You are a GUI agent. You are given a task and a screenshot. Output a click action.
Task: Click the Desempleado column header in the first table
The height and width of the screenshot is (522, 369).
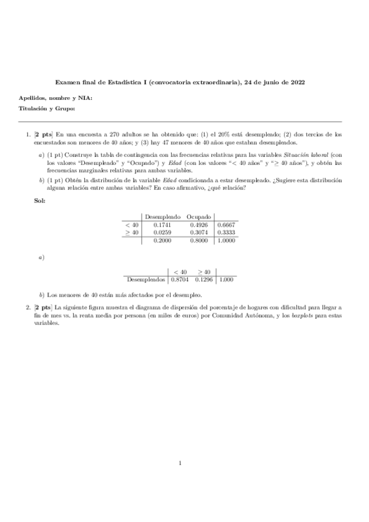pyautogui.click(x=162, y=217)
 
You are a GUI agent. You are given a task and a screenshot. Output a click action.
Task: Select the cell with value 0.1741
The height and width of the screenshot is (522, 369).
pyautogui.click(x=162, y=225)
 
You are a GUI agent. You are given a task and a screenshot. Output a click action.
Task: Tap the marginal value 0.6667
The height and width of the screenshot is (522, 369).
pyautogui.click(x=226, y=225)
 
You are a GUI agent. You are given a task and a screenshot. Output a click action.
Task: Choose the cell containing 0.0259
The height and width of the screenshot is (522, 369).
pyautogui.click(x=162, y=233)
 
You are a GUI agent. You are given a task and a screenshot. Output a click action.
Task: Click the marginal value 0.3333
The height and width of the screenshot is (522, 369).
pyautogui.click(x=226, y=233)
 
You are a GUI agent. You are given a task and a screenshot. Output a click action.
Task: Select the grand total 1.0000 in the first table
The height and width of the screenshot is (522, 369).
pyautogui.click(x=226, y=241)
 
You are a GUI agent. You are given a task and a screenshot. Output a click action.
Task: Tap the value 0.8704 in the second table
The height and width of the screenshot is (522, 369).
pyautogui.click(x=180, y=279)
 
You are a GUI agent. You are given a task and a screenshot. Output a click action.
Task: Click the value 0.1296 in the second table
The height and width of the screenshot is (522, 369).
pyautogui.click(x=204, y=279)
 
